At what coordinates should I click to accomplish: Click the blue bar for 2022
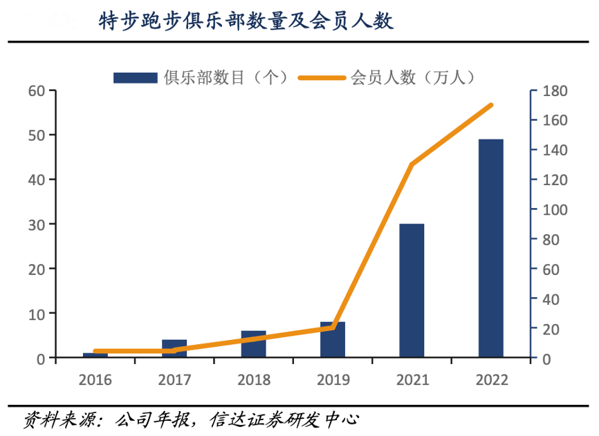[490, 249]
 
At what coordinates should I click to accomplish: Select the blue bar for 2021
[412, 291]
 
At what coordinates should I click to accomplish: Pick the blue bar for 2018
[254, 344]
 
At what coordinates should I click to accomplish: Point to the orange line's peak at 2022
[490, 105]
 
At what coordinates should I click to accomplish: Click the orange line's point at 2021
[412, 164]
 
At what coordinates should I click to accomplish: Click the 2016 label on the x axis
[95, 380]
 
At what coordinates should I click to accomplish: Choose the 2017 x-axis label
[174, 380]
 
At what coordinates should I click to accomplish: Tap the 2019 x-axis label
[333, 380]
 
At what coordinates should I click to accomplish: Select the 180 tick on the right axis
[553, 91]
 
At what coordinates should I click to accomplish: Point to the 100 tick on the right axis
[553, 209]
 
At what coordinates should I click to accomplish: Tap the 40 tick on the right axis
[551, 299]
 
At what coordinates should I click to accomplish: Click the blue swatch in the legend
[136, 77]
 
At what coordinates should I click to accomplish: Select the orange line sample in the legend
[322, 77]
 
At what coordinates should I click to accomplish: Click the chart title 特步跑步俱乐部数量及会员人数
[246, 22]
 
